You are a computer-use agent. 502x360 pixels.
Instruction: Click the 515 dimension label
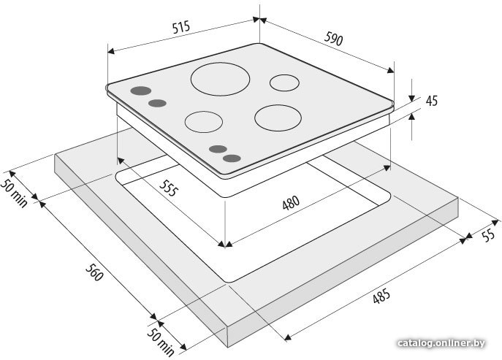181,27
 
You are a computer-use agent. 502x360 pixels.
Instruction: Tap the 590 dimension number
334,39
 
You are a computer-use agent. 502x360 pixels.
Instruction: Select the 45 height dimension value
432,101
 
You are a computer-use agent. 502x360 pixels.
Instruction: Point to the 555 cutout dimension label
168,188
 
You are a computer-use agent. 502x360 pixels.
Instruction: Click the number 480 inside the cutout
291,202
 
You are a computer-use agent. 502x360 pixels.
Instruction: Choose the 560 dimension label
94,272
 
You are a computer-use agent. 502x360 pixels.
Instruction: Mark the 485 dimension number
381,296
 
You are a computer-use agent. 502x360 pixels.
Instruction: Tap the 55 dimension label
489,236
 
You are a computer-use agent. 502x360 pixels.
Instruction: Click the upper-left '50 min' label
14,193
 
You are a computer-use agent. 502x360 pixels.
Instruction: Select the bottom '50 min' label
161,342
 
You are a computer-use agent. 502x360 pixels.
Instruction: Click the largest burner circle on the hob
220,79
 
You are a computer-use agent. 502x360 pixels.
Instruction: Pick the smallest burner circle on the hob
285,83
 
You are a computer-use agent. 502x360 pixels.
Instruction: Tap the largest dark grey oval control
141,91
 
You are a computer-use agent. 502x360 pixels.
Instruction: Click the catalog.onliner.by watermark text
441,343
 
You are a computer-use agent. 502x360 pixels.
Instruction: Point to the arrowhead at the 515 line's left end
111,51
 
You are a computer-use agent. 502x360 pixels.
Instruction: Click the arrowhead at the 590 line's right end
390,70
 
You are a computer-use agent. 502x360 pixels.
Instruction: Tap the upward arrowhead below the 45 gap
411,117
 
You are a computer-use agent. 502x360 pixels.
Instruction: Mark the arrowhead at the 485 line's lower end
287,337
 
